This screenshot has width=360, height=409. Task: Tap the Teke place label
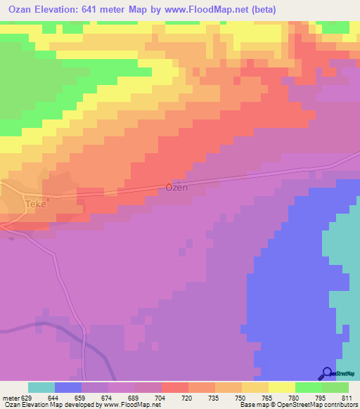[35, 204]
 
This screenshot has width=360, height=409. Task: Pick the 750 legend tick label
[241, 397]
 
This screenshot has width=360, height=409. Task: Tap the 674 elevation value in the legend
[108, 397]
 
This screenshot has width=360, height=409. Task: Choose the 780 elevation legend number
[295, 397]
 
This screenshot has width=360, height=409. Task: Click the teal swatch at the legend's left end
[41, 387]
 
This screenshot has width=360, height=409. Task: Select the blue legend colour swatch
[68, 387]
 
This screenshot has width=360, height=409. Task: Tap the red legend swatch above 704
[174, 387]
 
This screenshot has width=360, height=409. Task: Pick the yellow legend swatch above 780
[281, 387]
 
